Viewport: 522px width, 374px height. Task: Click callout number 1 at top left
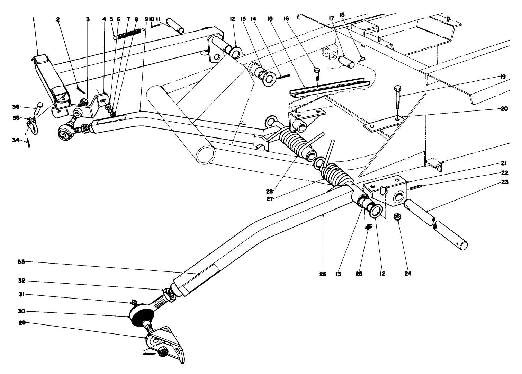[34, 20]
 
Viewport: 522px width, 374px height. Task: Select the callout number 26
[322, 273]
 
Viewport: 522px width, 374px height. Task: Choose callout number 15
[270, 20]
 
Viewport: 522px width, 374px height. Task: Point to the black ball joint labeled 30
[142, 315]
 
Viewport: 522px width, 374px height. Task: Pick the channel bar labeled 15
[329, 87]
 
